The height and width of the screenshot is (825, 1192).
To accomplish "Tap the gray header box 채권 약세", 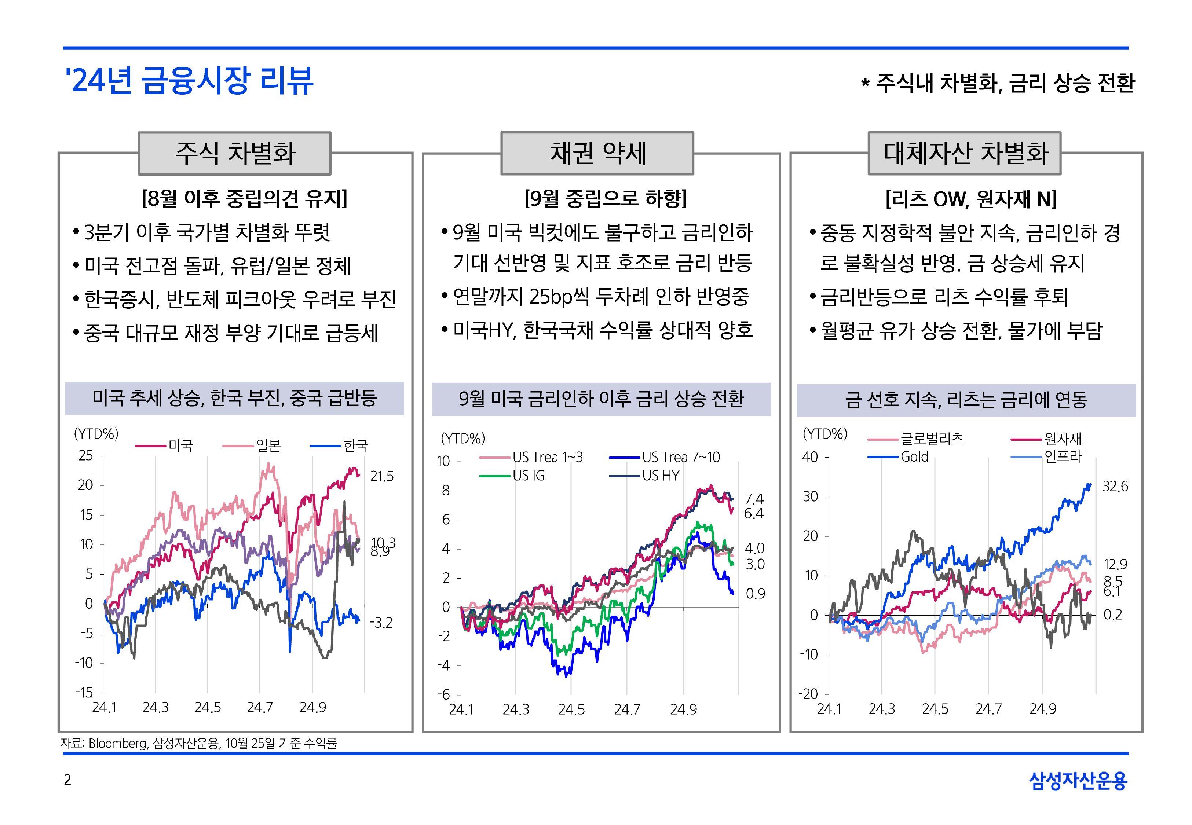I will [597, 154].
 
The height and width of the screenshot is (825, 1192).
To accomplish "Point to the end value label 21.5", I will [381, 476].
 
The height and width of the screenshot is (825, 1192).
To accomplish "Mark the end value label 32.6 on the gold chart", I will [1115, 487].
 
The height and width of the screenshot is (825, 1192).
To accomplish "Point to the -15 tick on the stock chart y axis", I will [84, 692].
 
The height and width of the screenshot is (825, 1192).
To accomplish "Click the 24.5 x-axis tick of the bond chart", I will [571, 710].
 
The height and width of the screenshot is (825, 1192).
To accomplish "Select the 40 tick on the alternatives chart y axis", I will [809, 457].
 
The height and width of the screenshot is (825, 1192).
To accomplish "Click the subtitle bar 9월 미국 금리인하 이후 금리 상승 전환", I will [601, 399].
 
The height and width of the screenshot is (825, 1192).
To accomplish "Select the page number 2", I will [67, 780].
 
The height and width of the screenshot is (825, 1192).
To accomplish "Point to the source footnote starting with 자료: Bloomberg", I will [198, 743].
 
